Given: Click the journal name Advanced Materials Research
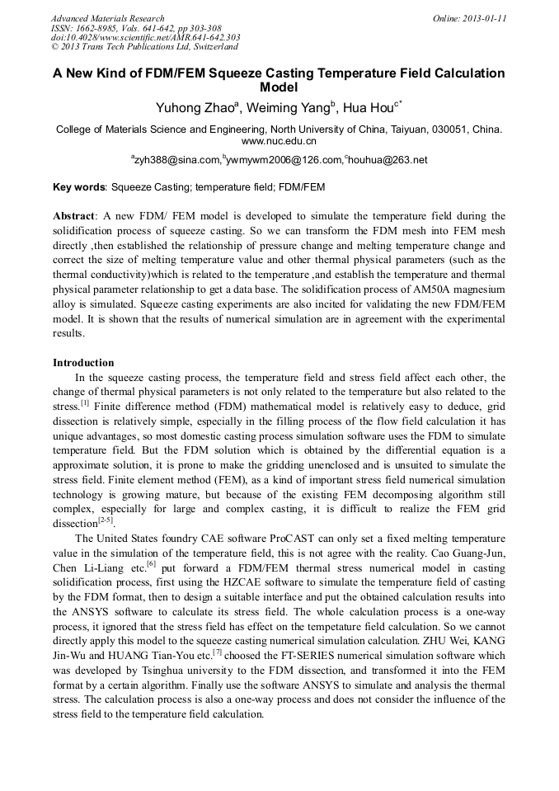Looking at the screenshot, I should point(107,18).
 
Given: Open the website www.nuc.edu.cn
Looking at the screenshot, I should point(279,141).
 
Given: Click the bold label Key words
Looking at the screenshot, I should point(78,187).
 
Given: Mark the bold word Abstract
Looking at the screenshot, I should point(74,215).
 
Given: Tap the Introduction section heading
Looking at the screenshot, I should point(83,362).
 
